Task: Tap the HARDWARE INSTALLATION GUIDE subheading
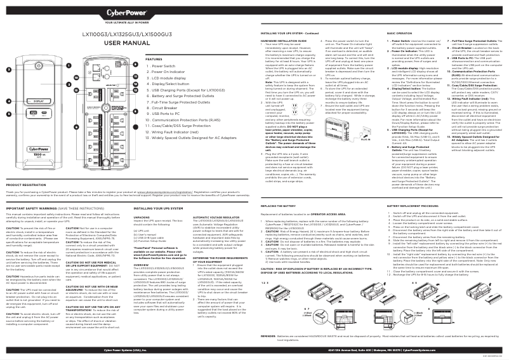[284, 39]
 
